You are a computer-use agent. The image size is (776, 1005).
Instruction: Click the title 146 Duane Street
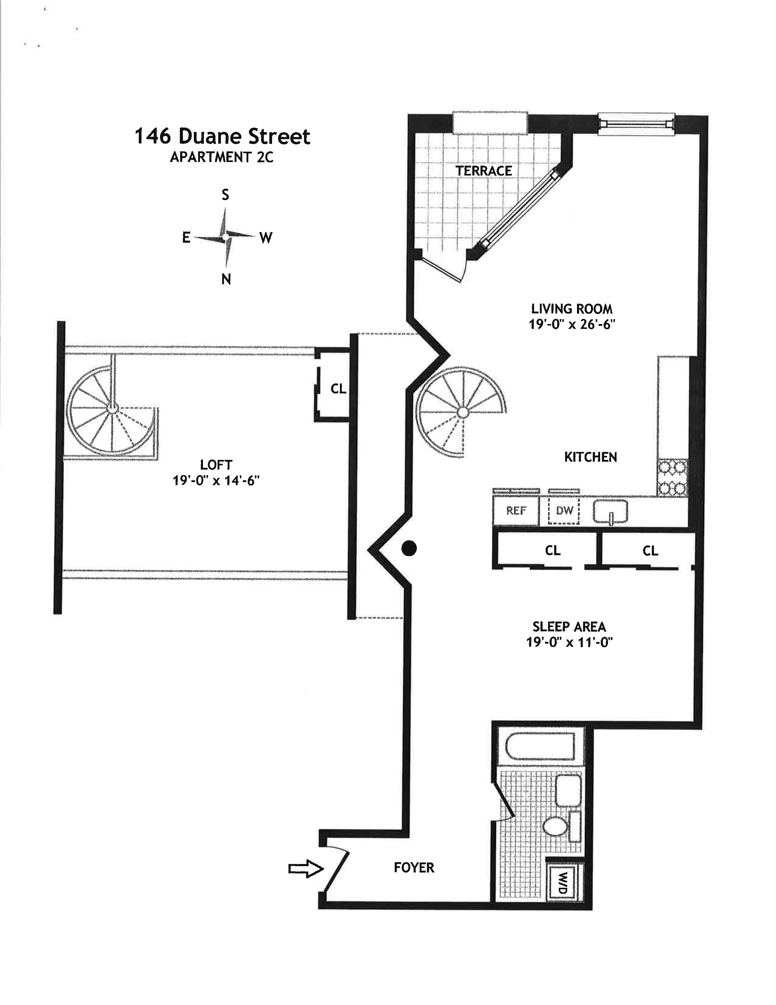222,137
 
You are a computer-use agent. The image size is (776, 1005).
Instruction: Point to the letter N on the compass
226,279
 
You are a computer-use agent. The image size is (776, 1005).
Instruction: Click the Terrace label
484,171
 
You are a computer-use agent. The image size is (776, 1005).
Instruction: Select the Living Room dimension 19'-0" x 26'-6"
572,324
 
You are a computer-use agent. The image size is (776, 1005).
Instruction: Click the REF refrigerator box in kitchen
516,511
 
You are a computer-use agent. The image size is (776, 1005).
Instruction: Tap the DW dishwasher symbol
564,511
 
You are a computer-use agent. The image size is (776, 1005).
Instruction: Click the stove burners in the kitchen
672,478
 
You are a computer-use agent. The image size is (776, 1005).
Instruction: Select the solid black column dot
409,548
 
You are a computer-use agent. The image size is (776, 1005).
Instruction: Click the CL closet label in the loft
338,389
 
